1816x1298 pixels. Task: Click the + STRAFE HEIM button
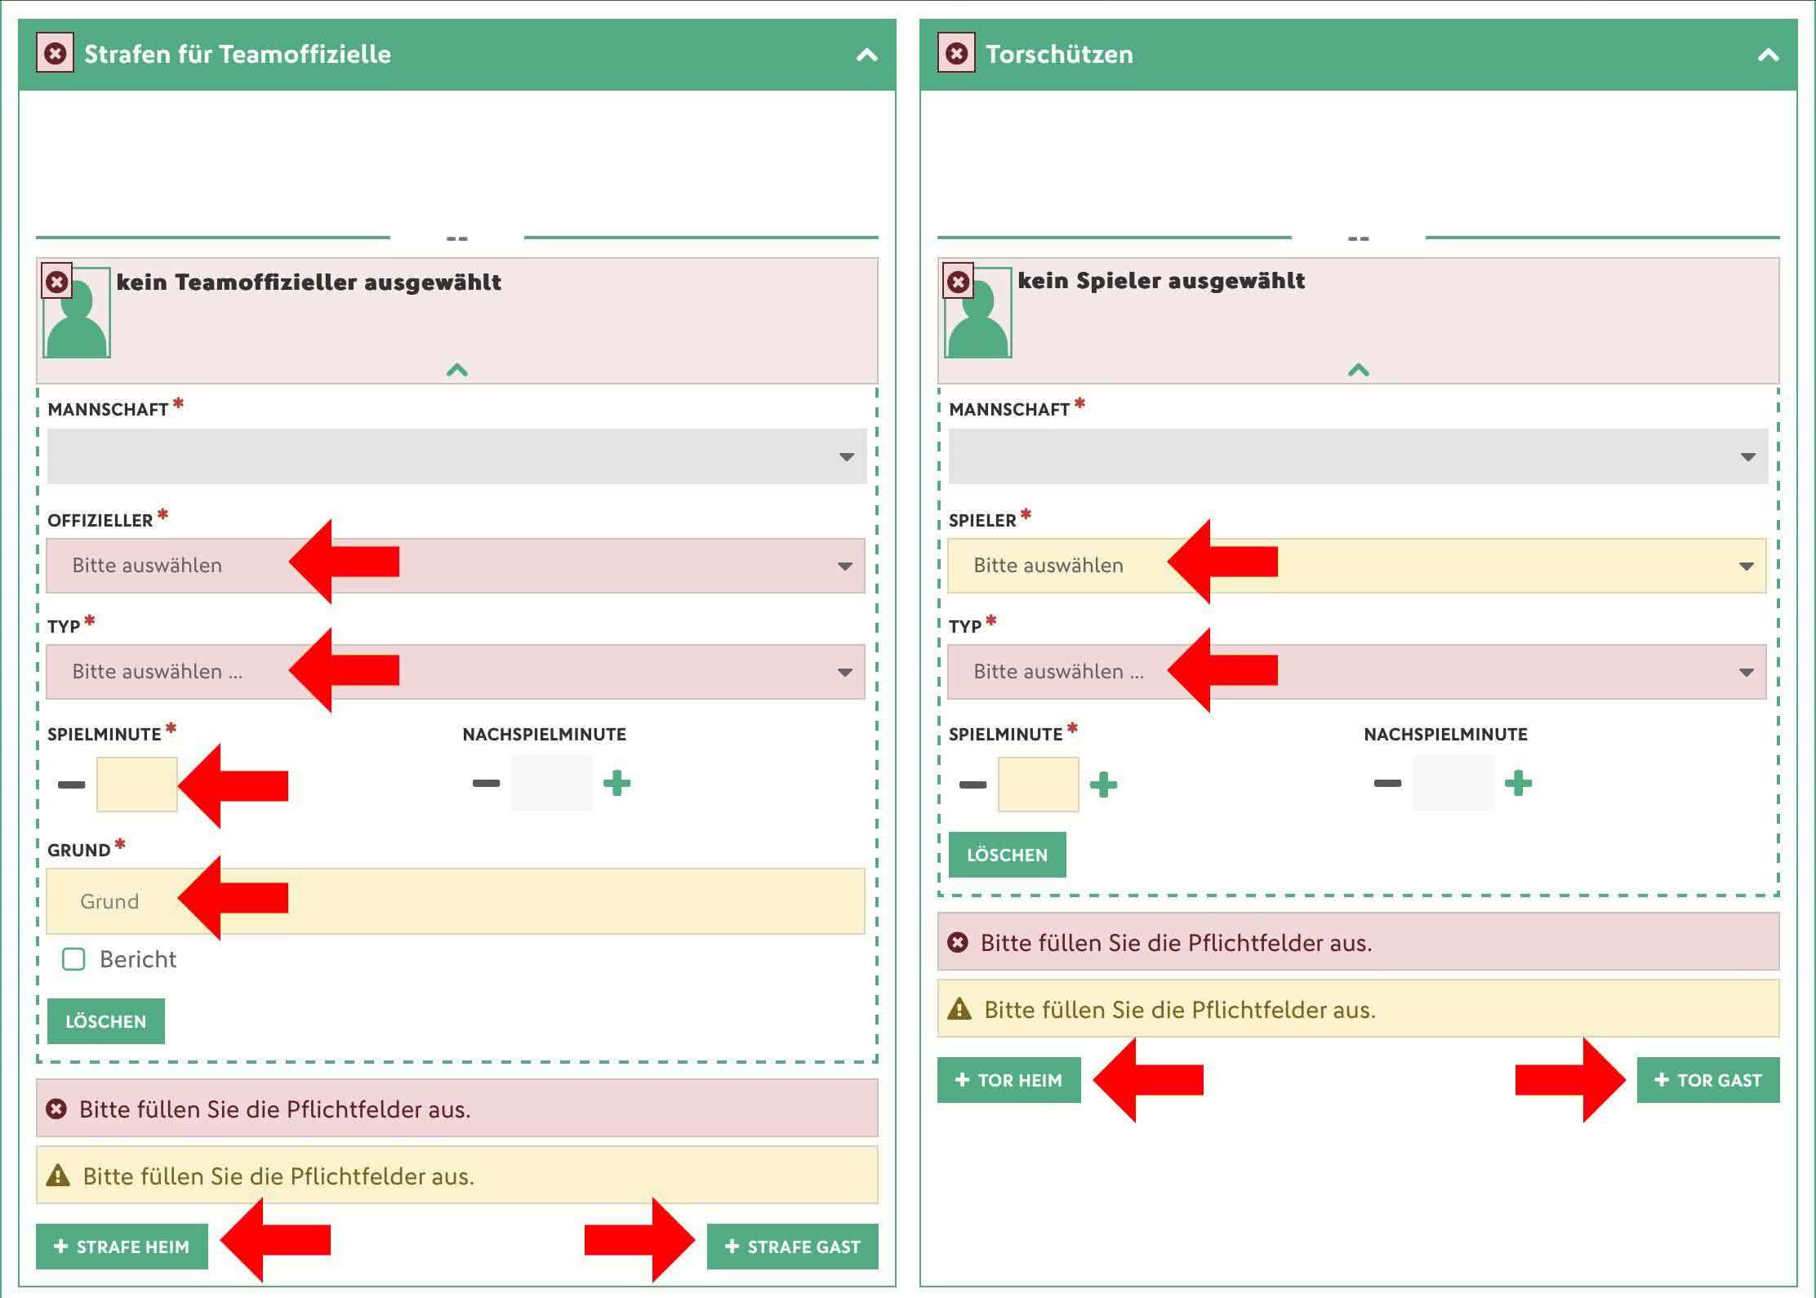(x=122, y=1246)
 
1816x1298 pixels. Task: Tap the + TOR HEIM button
(x=1008, y=1079)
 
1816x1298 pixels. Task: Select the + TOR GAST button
(x=1708, y=1079)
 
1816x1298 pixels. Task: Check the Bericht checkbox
(x=73, y=958)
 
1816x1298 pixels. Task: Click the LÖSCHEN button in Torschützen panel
(x=1007, y=854)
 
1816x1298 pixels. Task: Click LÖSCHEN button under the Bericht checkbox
(x=105, y=1020)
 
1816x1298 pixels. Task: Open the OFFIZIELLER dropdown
(x=456, y=565)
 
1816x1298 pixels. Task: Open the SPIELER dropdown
(x=1356, y=565)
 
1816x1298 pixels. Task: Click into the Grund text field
(x=456, y=900)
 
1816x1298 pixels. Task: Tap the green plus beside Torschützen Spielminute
(x=1103, y=785)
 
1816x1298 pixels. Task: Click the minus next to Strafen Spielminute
(x=71, y=785)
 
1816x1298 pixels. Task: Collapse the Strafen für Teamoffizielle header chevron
(x=867, y=55)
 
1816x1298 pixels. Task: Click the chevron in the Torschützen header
(x=1769, y=55)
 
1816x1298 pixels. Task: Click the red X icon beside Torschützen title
(x=956, y=54)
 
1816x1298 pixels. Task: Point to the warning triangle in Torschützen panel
(x=959, y=1009)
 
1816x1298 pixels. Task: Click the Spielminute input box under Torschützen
(x=1038, y=785)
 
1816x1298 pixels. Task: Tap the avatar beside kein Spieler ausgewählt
(x=978, y=313)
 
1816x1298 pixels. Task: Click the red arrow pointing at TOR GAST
(x=1570, y=1079)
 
